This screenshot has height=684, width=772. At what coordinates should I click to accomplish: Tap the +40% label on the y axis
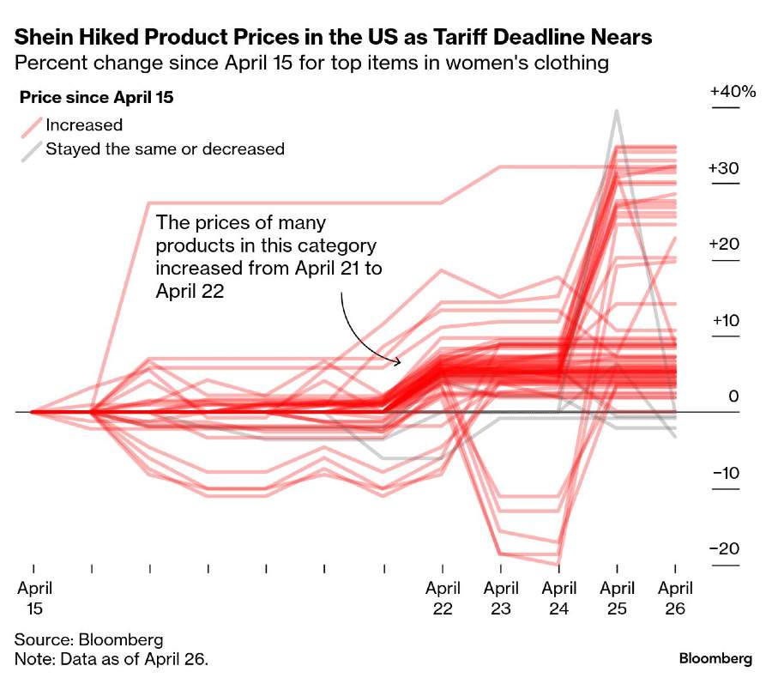732,92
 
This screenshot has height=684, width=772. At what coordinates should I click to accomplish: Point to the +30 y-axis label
724,168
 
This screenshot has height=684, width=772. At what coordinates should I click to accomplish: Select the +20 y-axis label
724,245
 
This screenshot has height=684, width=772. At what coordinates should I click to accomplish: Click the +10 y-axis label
724,321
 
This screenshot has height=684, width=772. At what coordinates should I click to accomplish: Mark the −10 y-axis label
724,474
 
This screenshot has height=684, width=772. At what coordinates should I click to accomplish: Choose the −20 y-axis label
724,549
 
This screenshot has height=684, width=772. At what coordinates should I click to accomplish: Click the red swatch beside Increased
30,125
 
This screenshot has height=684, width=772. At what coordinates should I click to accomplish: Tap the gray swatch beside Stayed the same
30,149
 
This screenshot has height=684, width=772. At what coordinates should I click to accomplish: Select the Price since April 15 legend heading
96,98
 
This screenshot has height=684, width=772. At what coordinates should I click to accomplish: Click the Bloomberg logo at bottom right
715,659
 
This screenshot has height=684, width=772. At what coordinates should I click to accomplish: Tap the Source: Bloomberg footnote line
88,640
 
